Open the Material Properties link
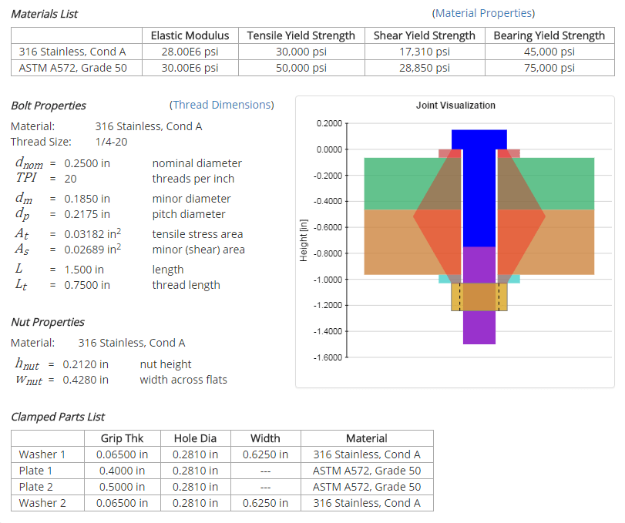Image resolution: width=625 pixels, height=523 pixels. click(483, 13)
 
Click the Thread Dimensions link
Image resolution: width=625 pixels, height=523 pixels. click(221, 105)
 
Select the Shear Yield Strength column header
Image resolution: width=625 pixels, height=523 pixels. click(424, 35)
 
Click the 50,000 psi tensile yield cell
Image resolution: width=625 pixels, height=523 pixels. click(301, 67)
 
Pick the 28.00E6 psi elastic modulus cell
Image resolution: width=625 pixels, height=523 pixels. click(190, 52)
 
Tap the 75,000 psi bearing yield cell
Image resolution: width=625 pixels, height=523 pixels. click(549, 67)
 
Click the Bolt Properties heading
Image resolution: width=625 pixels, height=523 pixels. click(49, 106)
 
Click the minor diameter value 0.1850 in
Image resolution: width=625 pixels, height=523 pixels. click(87, 199)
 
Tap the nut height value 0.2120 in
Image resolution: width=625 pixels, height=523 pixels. click(86, 364)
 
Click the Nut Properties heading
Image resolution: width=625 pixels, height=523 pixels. click(48, 322)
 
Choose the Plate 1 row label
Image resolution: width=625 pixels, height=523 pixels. click(36, 471)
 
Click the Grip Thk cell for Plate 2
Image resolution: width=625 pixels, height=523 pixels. click(123, 487)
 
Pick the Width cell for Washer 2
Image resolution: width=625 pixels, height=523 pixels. click(265, 503)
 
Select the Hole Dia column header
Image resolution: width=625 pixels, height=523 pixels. click(195, 438)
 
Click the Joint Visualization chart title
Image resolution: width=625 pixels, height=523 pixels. click(455, 106)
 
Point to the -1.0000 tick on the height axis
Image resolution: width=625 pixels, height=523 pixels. click(329, 280)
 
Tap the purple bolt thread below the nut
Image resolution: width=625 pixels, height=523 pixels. click(479, 327)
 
